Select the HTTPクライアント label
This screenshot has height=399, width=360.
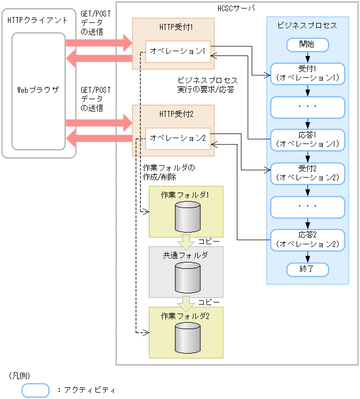click(x=38, y=20)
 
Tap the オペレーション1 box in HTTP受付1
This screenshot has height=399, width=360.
click(x=178, y=51)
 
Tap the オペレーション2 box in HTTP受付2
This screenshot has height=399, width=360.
click(x=178, y=138)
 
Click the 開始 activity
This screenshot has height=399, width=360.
click(x=307, y=44)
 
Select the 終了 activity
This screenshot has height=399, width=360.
click(x=307, y=269)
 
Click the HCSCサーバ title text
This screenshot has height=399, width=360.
click(x=237, y=9)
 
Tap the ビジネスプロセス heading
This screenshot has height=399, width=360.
click(x=307, y=25)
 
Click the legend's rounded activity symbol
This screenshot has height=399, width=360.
click(x=35, y=390)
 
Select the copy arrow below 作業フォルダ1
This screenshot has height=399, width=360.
click(x=186, y=242)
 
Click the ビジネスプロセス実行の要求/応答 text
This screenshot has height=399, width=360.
click(x=207, y=85)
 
